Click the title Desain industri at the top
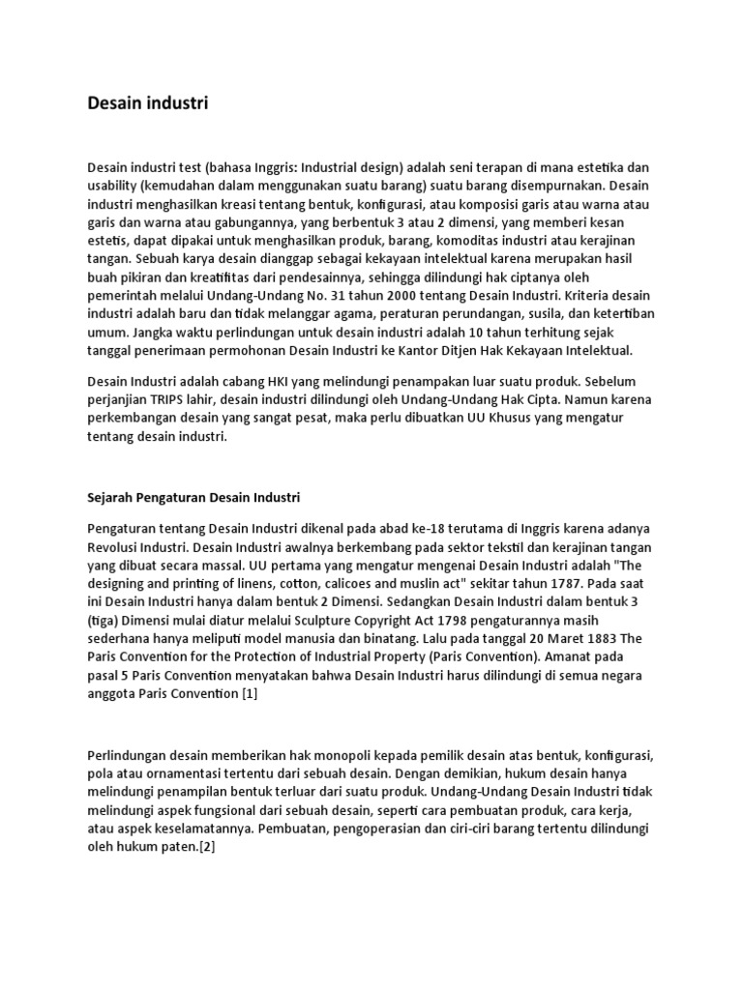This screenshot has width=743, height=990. point(147,102)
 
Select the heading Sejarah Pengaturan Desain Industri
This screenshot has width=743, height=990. point(194,498)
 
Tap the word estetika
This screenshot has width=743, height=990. point(588,165)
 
